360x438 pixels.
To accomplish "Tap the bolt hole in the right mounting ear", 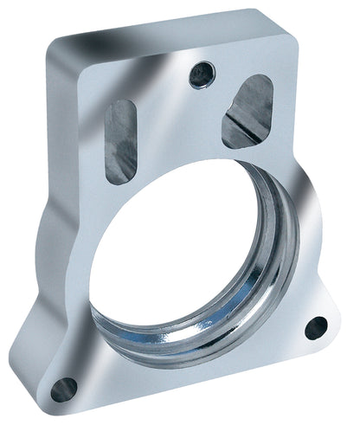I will point(316,328).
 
